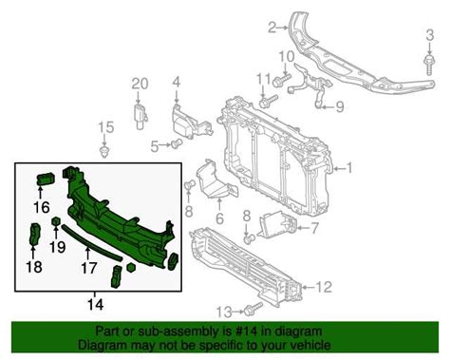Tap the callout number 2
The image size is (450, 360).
pyautogui.click(x=272, y=27)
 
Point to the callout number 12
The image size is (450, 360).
pyautogui.click(x=325, y=286)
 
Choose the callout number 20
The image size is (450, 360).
pyautogui.click(x=140, y=83)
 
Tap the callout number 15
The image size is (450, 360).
pyautogui.click(x=104, y=126)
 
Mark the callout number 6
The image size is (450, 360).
pyautogui.click(x=219, y=218)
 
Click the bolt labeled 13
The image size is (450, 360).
pyautogui.click(x=252, y=310)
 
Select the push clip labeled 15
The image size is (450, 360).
pyautogui.click(x=104, y=149)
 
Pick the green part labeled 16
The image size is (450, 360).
pyautogui.click(x=45, y=180)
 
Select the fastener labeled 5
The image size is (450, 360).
pyautogui.click(x=177, y=144)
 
